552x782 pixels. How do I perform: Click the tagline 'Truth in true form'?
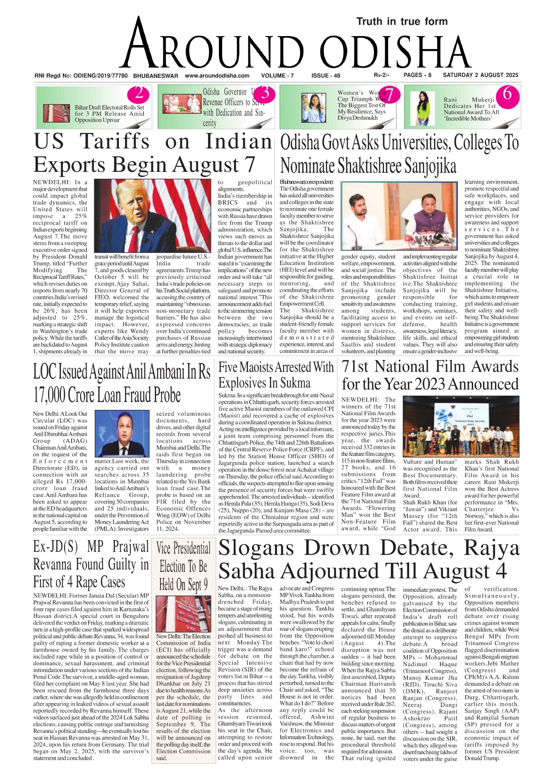402,21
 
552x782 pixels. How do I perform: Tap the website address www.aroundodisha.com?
217,76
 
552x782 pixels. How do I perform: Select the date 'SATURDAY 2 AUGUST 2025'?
480,75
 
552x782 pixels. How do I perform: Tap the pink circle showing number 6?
507,94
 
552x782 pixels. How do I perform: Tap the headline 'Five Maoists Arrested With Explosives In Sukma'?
276,375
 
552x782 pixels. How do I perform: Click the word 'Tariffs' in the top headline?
115,142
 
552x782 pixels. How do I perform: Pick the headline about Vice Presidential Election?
183,566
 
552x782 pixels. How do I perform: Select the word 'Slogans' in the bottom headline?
257,549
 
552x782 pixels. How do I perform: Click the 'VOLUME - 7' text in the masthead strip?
277,76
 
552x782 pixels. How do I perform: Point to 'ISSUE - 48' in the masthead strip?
325,76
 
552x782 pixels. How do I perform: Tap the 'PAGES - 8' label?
417,75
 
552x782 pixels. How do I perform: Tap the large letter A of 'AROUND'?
139,45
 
